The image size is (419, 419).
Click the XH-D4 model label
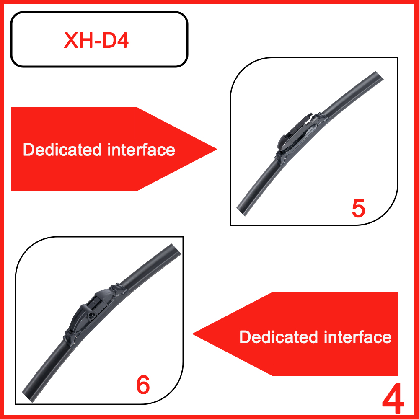pyautogui.click(x=96, y=40)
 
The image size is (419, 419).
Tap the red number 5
pyautogui.click(x=358, y=208)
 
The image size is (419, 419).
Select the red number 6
pyautogui.click(x=143, y=385)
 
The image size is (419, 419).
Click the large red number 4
pyautogui.click(x=393, y=398)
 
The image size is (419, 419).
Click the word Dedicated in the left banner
pyautogui.click(x=62, y=150)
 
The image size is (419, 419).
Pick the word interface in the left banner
pyautogui.click(x=141, y=150)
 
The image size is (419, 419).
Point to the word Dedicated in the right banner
pyautogui.click(x=279, y=337)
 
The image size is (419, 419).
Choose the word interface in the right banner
pyautogui.click(x=358, y=337)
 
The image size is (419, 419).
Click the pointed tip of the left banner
pyautogui.click(x=217, y=150)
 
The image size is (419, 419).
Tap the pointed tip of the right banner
pyautogui.click(x=193, y=334)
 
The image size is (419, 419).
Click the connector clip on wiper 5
pyautogui.click(x=297, y=134)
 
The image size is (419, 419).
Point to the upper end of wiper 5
pyautogui.click(x=380, y=75)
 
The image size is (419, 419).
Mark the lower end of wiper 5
pyautogui.click(x=241, y=212)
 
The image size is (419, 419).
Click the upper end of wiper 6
pyautogui.click(x=176, y=248)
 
